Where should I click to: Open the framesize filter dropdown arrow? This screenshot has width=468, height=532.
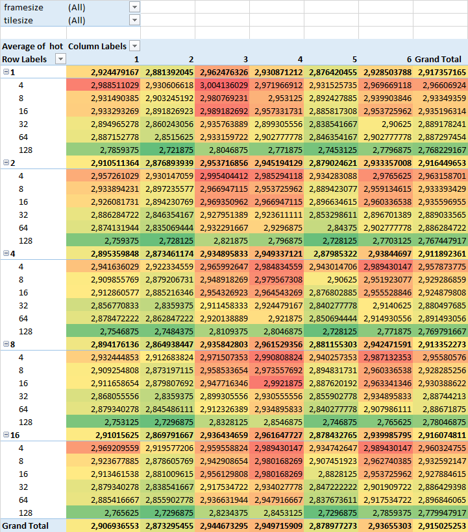[x=134, y=7]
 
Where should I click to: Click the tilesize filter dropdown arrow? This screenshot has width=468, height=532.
[x=134, y=20]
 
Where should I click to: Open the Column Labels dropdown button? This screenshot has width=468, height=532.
[x=134, y=46]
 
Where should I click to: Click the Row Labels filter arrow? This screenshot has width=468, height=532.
[x=60, y=59]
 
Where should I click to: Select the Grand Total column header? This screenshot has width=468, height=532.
[x=438, y=59]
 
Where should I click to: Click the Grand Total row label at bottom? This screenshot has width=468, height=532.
[x=25, y=526]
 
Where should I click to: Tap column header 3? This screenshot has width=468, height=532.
[x=245, y=60]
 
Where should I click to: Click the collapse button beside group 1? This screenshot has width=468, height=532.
[x=6, y=72]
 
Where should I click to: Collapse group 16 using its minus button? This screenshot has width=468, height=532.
[x=6, y=435]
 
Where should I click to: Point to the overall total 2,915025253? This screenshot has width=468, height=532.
[x=441, y=526]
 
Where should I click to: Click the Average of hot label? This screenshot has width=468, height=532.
[x=32, y=46]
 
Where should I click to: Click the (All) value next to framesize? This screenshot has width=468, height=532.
[x=77, y=8]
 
